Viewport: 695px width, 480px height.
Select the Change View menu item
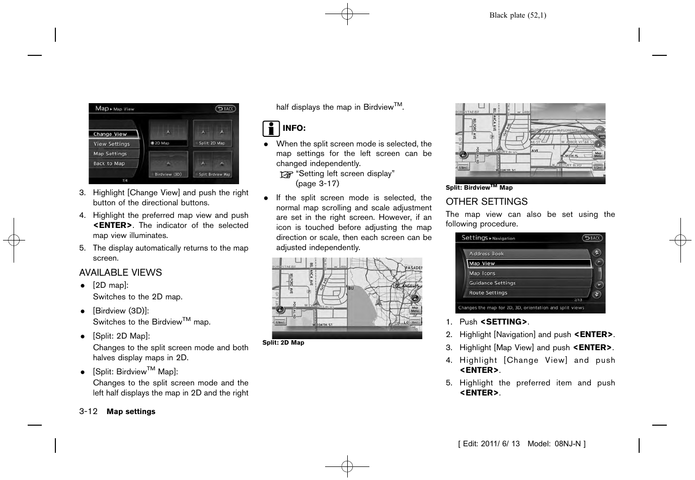tap(113, 134)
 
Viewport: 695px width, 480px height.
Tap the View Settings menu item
tap(113, 144)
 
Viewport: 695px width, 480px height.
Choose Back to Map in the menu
tap(113, 164)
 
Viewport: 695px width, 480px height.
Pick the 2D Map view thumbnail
tap(168, 133)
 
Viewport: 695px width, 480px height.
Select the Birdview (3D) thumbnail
tap(168, 165)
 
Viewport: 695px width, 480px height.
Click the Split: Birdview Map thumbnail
tap(213, 165)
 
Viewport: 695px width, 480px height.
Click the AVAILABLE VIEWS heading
tap(120, 273)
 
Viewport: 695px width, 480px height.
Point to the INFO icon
tap(270, 129)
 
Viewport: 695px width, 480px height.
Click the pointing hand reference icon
tap(286, 175)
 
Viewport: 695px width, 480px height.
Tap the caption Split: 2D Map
tap(283, 343)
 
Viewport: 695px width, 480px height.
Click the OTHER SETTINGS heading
tap(486, 202)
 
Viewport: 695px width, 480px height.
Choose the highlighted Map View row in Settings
tap(528, 264)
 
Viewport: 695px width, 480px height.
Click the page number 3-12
tap(88, 412)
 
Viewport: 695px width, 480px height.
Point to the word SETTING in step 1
tap(504, 322)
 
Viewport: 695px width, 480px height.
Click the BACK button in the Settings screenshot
tap(592, 238)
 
